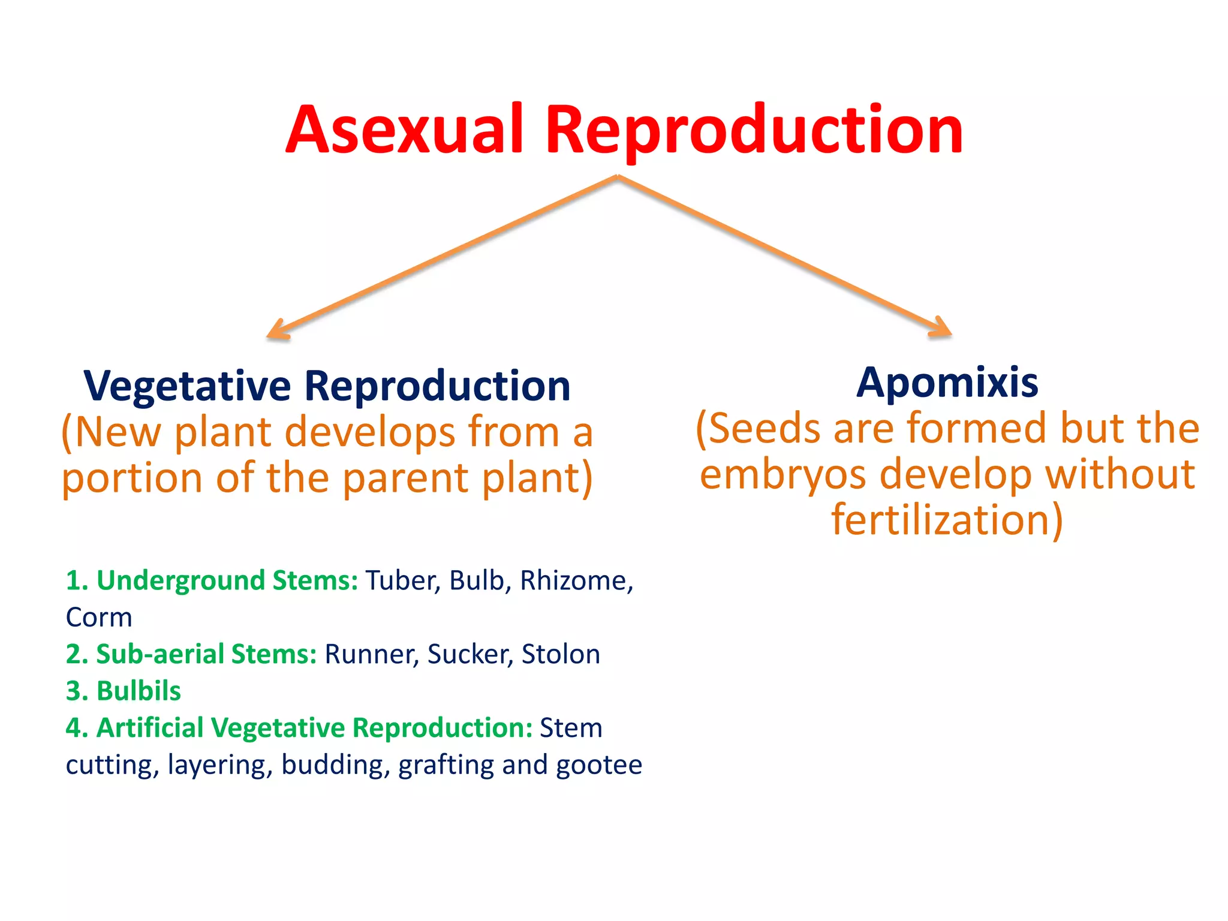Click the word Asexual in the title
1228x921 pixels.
(405, 130)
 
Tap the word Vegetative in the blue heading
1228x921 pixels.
(187, 386)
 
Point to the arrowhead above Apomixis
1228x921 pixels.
(941, 329)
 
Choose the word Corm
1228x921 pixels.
(99, 618)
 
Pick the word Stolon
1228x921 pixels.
(561, 655)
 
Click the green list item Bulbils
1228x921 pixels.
(138, 691)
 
